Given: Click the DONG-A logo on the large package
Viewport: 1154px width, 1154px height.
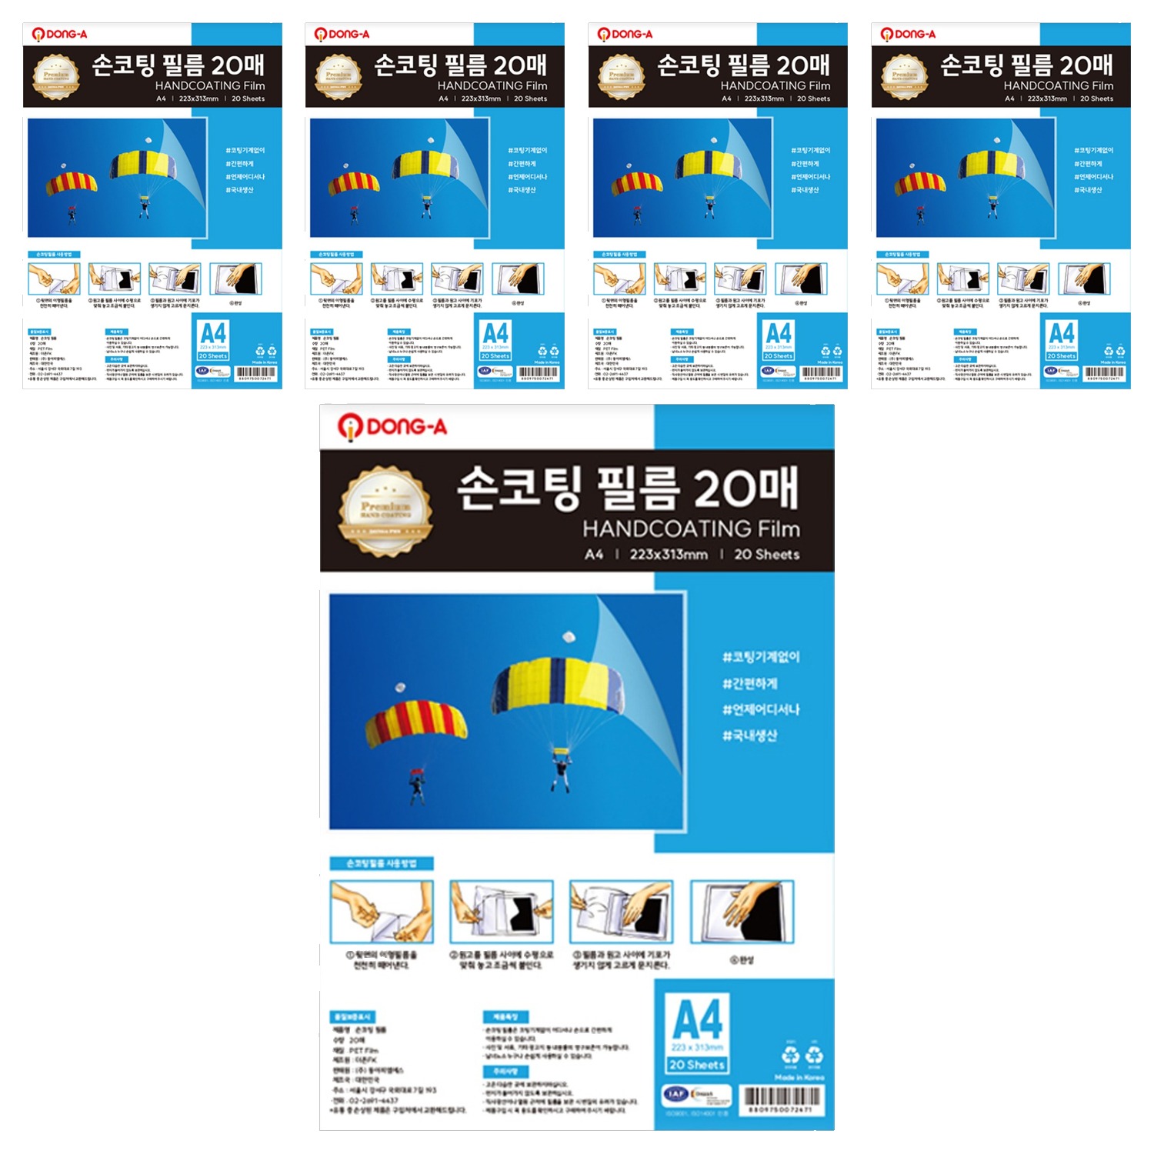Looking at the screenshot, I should point(392,426).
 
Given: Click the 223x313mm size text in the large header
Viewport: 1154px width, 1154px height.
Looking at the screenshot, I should point(668,554).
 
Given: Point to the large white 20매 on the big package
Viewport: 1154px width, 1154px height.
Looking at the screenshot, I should point(745,488).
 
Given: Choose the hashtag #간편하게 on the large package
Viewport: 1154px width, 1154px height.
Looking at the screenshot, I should point(750,683).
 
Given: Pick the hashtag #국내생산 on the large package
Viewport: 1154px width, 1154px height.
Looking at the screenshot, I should point(750,735).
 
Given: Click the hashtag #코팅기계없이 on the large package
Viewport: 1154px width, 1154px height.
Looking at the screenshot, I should point(761,656).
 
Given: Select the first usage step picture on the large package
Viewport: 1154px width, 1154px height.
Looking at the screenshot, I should point(382,912).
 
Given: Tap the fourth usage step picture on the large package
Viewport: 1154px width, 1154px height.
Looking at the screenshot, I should point(742,912).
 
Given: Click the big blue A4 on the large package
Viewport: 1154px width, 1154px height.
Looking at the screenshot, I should point(698,1019).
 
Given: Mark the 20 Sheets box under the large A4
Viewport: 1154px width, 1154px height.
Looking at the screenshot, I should point(697,1065).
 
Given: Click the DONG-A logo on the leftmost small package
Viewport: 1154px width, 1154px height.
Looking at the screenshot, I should point(59,34).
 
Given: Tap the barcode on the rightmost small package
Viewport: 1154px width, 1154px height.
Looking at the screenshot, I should point(1105,373).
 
